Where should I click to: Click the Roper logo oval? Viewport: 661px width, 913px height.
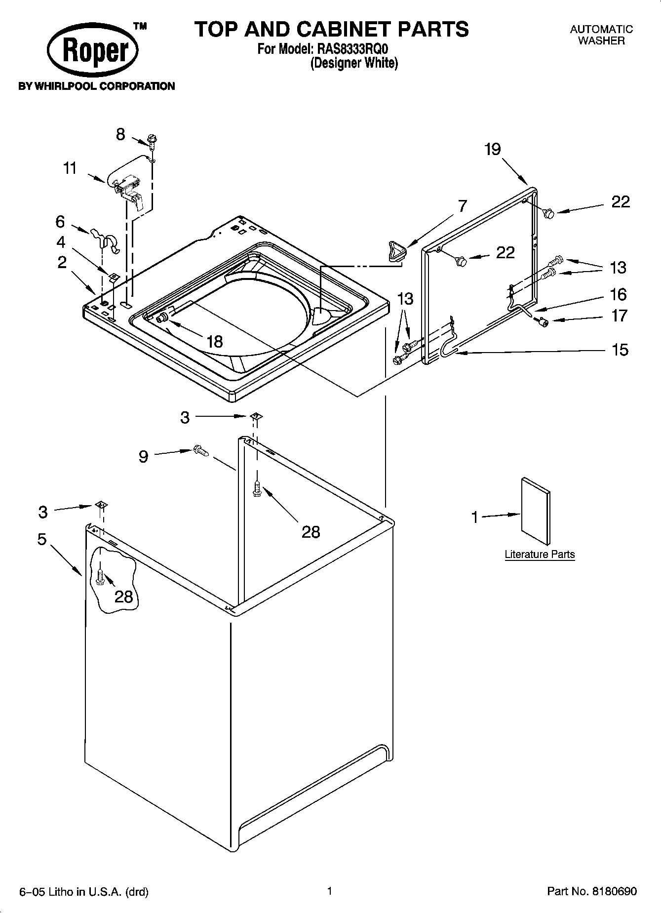93,51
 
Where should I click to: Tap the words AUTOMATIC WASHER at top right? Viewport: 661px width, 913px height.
601,35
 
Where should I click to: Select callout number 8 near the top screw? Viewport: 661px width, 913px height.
120,134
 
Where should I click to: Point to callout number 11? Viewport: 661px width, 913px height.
70,168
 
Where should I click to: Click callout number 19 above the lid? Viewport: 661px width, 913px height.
492,149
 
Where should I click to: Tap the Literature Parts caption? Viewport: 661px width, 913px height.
540,554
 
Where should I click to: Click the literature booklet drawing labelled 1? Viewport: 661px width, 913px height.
536,511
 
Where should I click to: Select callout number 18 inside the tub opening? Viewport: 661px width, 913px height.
215,341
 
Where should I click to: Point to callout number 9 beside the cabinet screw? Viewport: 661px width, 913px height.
143,456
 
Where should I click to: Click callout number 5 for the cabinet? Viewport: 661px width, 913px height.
42,539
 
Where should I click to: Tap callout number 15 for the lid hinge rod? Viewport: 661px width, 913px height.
620,350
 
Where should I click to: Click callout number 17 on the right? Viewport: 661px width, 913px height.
619,316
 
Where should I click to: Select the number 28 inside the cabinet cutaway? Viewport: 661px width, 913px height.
123,596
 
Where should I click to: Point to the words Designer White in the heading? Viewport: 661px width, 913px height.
354,63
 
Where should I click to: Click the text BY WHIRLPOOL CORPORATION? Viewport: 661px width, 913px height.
97,86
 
